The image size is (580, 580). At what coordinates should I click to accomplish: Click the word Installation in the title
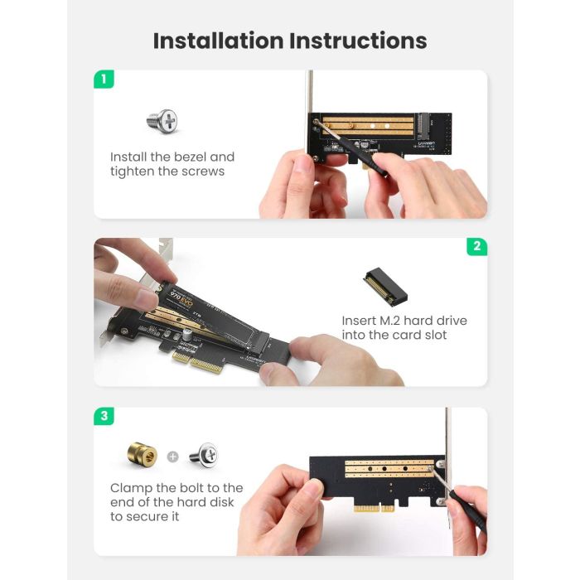click(x=218, y=41)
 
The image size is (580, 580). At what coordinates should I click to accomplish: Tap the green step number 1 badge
click(x=104, y=80)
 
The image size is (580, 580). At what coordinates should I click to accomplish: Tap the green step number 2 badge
click(x=476, y=246)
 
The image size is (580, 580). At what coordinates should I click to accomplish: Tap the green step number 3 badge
click(x=104, y=416)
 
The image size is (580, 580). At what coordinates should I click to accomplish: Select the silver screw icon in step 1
click(x=162, y=121)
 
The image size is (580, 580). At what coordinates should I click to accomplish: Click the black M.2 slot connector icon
click(x=385, y=286)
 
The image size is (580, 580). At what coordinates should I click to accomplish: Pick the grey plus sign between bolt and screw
click(x=172, y=456)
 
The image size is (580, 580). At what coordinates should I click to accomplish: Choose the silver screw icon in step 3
click(x=203, y=455)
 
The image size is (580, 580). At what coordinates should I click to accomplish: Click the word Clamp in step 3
click(x=131, y=488)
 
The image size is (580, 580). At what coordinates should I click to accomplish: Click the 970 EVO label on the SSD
click(x=181, y=292)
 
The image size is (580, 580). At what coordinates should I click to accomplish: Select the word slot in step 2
click(x=430, y=336)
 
